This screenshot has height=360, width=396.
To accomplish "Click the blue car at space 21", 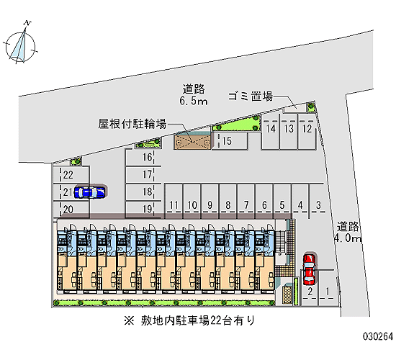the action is point(90,192).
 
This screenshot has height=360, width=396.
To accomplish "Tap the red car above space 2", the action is point(309,269).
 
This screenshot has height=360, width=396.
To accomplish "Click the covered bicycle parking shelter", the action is point(192,142).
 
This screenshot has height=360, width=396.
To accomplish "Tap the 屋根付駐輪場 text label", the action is point(132,124).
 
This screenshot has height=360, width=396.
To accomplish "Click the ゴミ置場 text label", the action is point(251,96).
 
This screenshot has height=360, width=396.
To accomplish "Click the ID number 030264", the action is point(378,336).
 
